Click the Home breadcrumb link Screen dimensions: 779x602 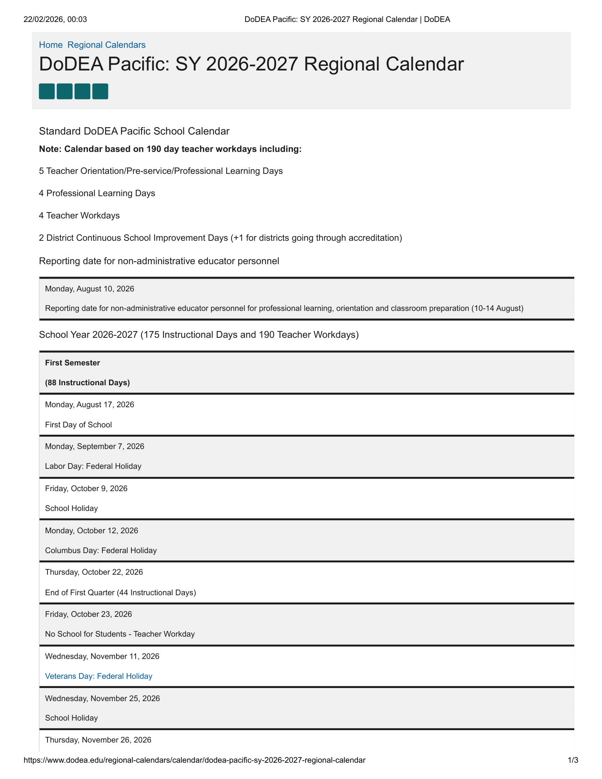(51, 45)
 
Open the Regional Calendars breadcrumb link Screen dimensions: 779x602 (106, 45)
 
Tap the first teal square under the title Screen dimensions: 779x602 (47, 91)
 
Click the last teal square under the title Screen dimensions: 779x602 (100, 91)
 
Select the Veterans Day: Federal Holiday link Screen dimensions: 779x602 (98, 676)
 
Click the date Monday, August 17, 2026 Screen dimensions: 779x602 (90, 404)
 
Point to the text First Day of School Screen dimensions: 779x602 (79, 425)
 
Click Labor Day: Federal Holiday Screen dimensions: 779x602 (93, 466)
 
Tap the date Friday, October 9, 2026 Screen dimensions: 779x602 (86, 488)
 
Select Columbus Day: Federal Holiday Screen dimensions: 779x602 (101, 550)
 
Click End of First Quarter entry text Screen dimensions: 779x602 (120, 592)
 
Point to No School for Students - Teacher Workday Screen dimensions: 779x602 (120, 634)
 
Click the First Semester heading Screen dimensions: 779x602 (72, 363)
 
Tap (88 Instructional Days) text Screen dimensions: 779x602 (87, 383)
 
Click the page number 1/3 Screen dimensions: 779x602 (573, 760)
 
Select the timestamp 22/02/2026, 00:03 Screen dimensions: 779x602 (55, 19)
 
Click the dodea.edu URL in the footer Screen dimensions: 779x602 (194, 760)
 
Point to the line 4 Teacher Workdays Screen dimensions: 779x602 (79, 215)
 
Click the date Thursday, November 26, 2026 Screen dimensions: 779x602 (98, 740)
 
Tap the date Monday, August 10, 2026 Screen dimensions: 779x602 (90, 289)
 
